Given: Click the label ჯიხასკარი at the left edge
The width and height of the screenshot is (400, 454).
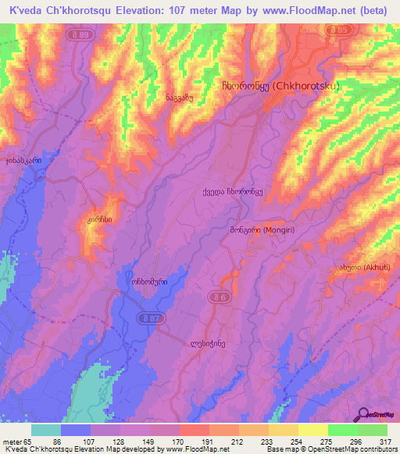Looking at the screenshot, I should click(23, 160).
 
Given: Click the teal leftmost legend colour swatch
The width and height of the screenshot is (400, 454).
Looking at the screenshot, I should click(45, 430).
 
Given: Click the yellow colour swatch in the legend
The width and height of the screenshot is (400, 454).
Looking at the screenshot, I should click(312, 430).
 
